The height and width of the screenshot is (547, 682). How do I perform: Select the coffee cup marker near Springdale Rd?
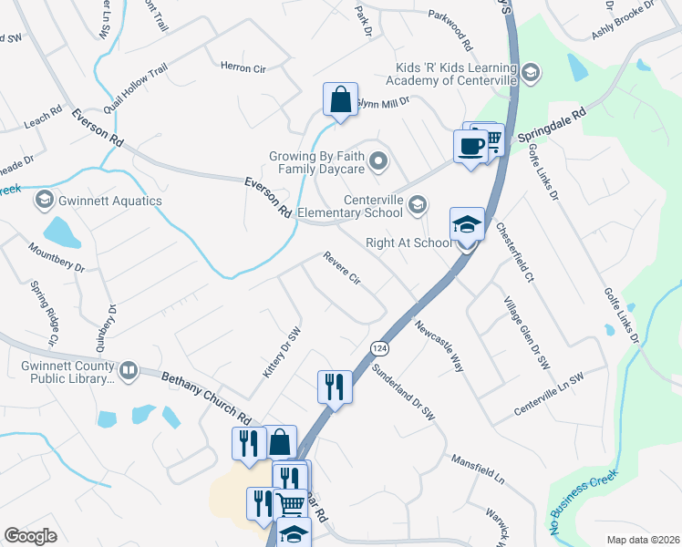470,146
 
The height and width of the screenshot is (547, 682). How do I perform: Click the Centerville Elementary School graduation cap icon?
418,203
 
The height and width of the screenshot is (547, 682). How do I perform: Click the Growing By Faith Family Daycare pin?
380,163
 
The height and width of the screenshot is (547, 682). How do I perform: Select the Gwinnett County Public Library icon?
129,370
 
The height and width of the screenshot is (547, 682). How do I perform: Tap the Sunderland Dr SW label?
404,392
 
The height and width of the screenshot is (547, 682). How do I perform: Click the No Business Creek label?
584,501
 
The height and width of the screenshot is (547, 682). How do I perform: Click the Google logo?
30,536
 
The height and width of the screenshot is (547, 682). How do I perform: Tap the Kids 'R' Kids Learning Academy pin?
532,72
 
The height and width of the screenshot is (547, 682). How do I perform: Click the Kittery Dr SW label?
281,354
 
